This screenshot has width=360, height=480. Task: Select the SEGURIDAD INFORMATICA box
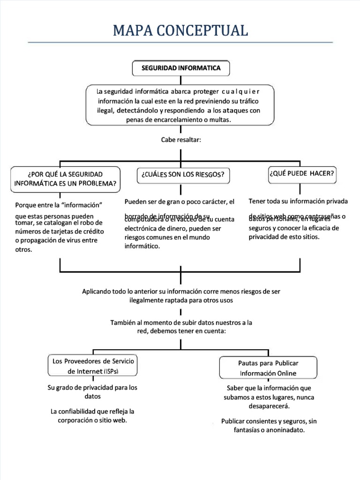click(x=181, y=68)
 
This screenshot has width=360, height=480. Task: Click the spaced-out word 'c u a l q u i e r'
click(x=237, y=91)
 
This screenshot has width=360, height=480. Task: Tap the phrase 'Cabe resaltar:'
click(x=180, y=140)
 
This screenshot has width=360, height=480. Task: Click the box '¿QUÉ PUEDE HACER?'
click(x=301, y=173)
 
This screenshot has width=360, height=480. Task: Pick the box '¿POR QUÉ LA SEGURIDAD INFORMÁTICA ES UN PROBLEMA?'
click(x=65, y=179)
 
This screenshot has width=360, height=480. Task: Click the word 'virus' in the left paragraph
click(x=74, y=240)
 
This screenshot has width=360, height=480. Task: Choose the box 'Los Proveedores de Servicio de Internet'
click(x=93, y=366)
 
